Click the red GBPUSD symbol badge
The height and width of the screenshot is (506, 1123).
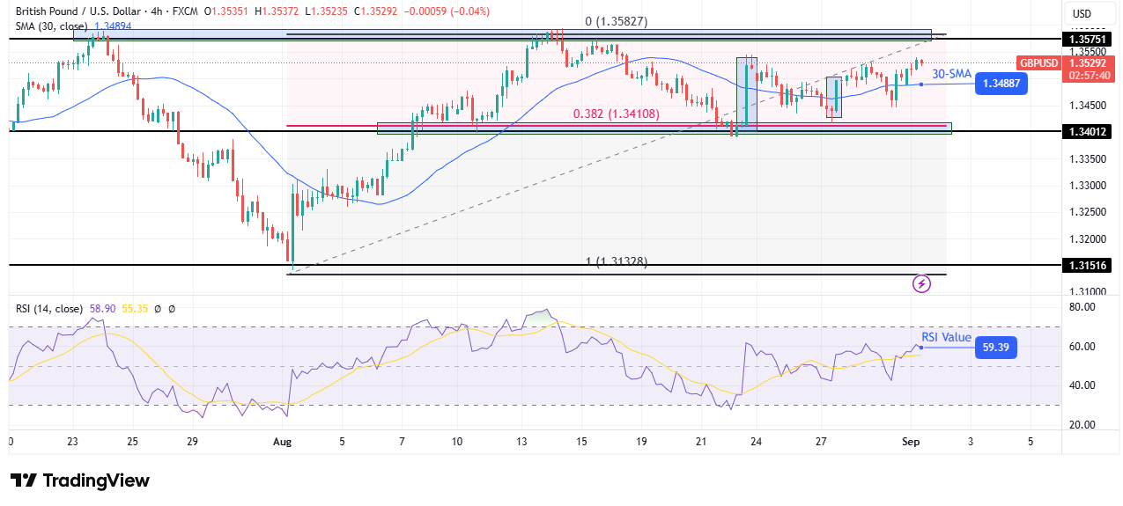click(1038, 63)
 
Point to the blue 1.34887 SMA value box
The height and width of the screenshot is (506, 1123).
click(1001, 84)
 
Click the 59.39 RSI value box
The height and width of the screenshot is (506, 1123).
click(995, 348)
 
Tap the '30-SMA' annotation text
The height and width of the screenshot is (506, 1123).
click(952, 75)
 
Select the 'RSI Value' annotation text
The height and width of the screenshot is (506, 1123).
click(946, 337)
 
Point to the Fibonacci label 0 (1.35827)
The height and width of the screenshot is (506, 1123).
click(617, 21)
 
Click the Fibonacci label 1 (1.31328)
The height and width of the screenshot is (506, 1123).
click(617, 261)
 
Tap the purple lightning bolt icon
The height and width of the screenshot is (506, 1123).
click(921, 283)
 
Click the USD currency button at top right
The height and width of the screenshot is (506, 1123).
click(1081, 13)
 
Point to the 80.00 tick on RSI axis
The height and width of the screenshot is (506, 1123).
click(1082, 307)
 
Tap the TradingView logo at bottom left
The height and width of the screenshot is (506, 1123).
click(80, 480)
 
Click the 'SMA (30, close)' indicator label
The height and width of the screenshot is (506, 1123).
click(51, 26)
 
